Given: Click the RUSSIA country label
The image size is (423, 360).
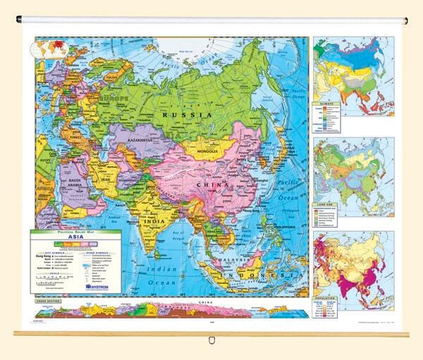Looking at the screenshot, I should click(186, 113).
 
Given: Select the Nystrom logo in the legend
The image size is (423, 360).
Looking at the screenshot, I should click(98, 287).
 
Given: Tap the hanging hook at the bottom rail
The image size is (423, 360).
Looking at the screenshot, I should click(212, 342).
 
